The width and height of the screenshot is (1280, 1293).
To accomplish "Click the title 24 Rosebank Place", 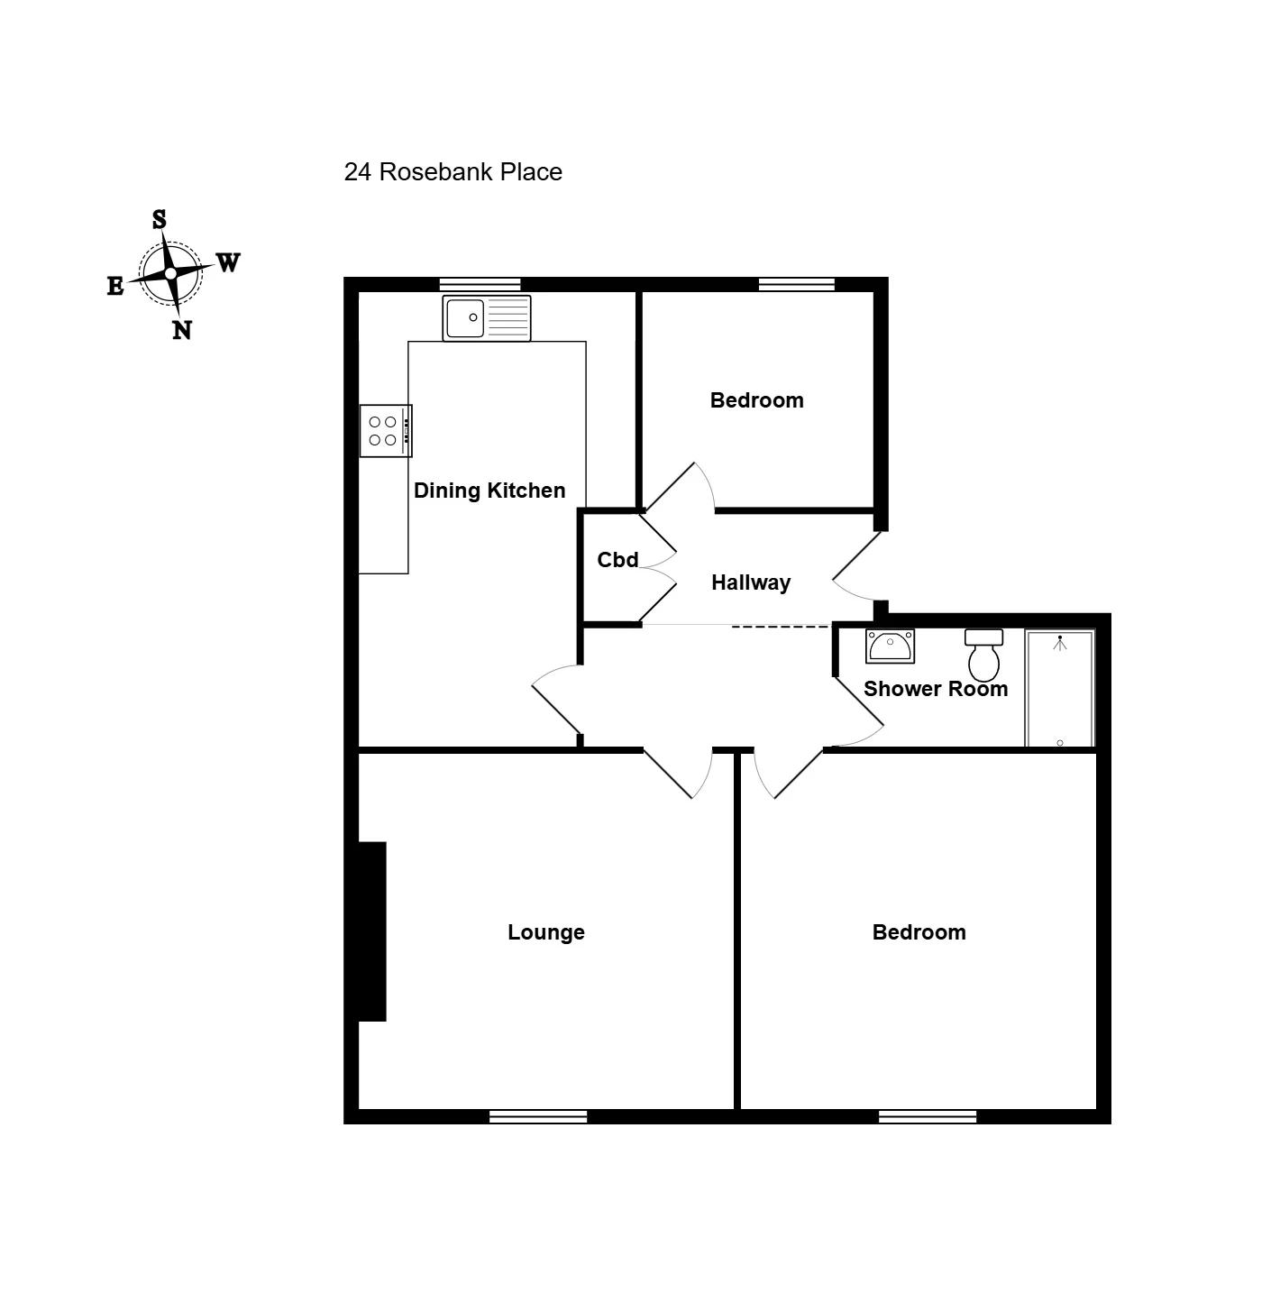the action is [x=453, y=172].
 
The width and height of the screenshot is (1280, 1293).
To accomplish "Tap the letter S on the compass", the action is [x=159, y=219].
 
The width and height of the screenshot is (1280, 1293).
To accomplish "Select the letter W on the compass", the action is [x=228, y=262].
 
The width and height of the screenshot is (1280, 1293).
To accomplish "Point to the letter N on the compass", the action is [x=182, y=329].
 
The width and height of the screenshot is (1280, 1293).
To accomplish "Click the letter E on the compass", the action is [x=115, y=286].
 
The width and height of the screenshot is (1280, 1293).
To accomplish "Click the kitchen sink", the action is [x=487, y=318].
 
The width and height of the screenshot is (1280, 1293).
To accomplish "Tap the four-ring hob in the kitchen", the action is [x=386, y=431].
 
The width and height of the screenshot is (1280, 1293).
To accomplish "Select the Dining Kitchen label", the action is [x=489, y=491].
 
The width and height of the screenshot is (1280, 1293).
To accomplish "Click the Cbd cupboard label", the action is [x=617, y=560].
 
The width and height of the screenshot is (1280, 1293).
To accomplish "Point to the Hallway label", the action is [x=751, y=582].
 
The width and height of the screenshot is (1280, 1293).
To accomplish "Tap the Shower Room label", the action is [x=935, y=689].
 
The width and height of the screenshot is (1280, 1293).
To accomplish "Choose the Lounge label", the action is [x=546, y=932].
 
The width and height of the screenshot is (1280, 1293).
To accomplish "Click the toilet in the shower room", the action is [x=983, y=655].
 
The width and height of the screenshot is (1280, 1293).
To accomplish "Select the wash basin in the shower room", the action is [x=890, y=646].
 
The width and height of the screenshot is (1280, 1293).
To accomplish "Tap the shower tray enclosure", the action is [x=1059, y=688].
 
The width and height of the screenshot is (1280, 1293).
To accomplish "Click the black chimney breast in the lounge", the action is [x=372, y=931].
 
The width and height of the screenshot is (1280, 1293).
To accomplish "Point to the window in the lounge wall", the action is [x=538, y=1116].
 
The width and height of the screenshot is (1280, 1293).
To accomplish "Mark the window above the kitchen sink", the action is [x=480, y=284].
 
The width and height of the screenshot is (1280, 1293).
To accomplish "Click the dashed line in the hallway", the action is [x=781, y=627].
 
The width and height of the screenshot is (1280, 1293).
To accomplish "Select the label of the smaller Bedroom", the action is [x=756, y=400].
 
